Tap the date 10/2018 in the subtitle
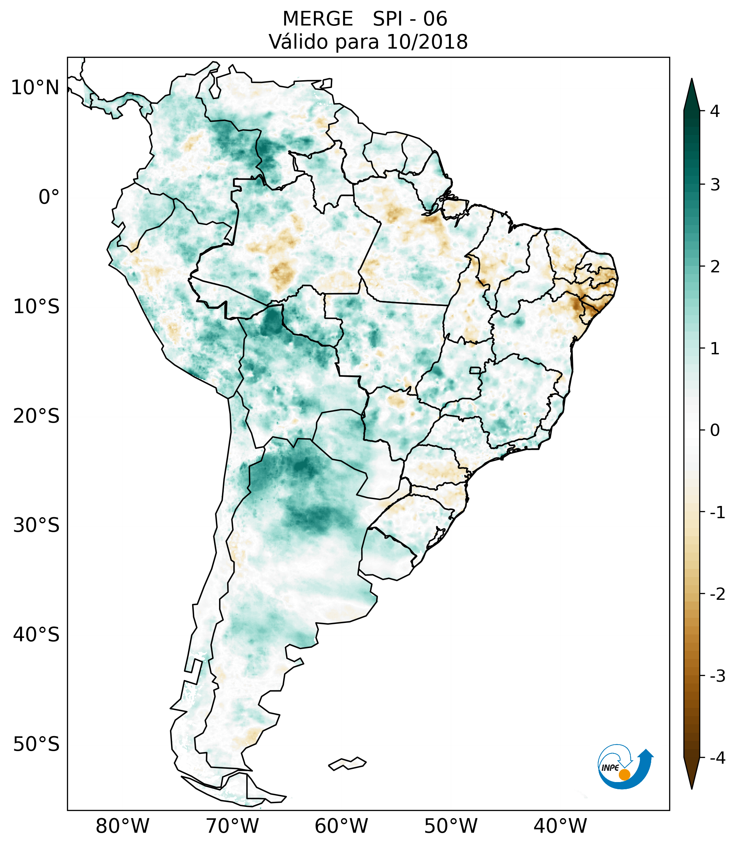[427, 42]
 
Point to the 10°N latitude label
[35, 88]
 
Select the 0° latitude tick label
[49, 197]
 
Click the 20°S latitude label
[36, 416]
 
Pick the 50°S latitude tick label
[36, 744]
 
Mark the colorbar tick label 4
[715, 111]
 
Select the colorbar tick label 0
[715, 430]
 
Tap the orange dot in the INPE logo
[624, 775]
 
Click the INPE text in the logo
[610, 768]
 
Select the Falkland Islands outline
[347, 763]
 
